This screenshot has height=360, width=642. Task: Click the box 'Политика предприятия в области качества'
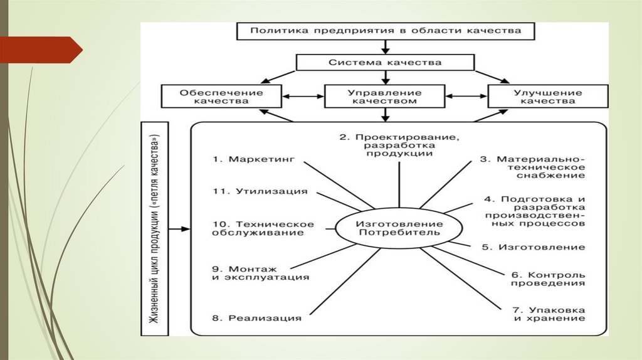click(386, 30)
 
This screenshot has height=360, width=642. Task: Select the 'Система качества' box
click(386, 63)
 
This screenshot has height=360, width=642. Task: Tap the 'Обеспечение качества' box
click(213, 97)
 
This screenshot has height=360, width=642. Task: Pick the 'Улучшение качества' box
click(547, 97)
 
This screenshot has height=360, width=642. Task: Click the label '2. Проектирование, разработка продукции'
click(399, 145)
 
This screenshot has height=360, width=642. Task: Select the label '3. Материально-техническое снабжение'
click(533, 167)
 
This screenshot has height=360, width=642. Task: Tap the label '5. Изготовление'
click(534, 247)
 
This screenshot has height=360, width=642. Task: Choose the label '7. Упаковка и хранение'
click(547, 314)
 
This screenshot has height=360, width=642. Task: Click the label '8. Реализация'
click(256, 318)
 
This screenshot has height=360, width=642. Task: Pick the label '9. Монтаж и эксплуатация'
click(260, 272)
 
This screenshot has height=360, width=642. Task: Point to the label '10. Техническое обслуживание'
click(263, 228)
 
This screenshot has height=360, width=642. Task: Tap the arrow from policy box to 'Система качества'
click(386, 46)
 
